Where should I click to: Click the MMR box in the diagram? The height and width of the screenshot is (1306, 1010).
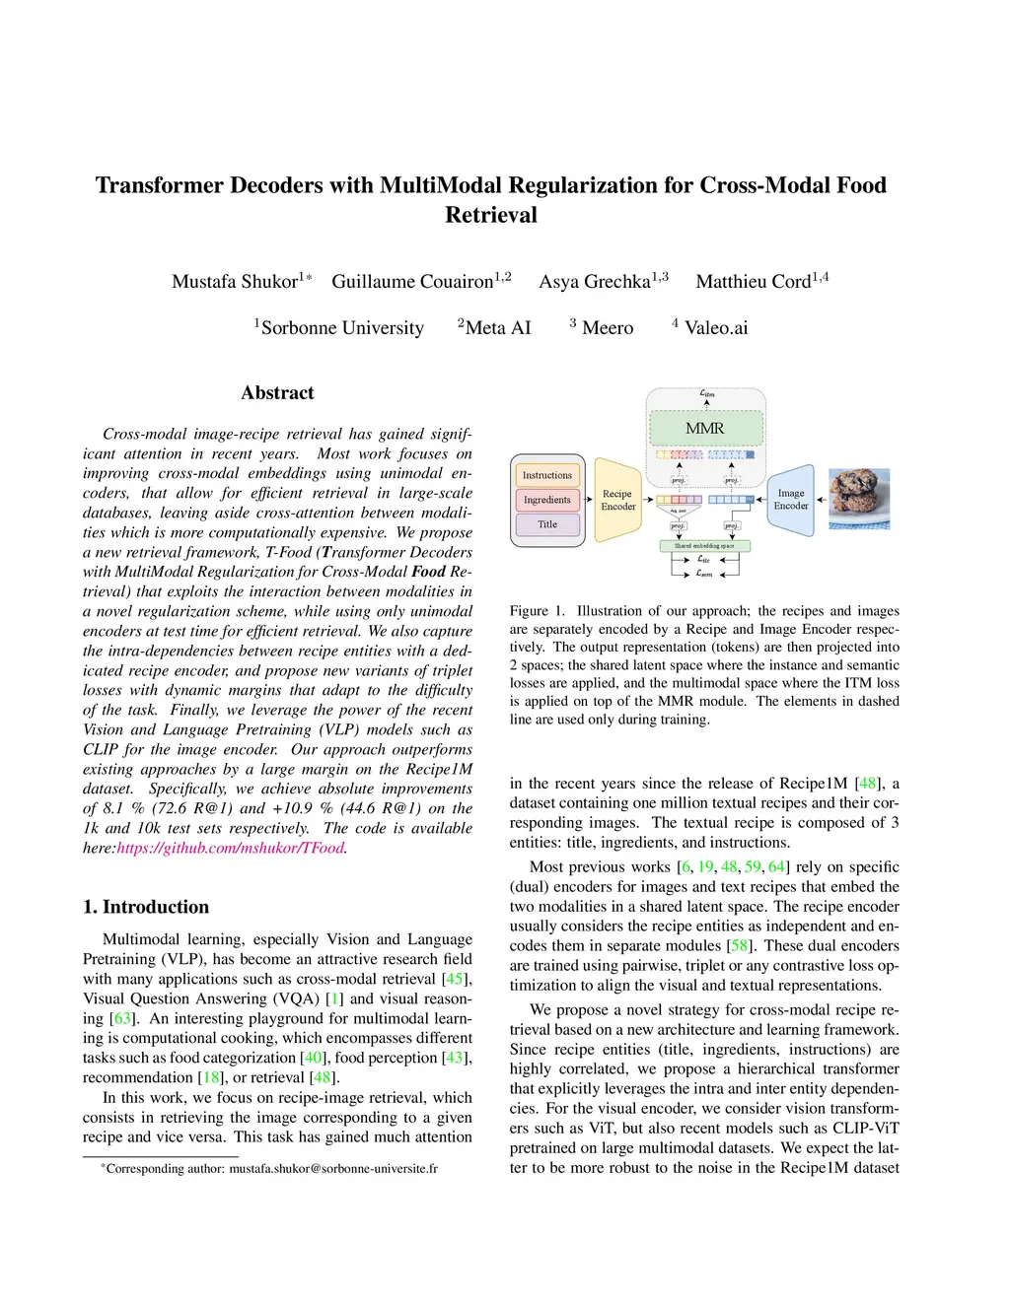point(704,429)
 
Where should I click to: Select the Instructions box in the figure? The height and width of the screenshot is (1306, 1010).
point(547,475)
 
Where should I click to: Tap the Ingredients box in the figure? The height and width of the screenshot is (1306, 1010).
point(547,500)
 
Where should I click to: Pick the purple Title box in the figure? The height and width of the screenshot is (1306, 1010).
point(547,524)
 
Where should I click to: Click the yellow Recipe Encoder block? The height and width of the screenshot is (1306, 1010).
point(618,500)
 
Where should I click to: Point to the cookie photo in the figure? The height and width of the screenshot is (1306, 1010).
point(859,499)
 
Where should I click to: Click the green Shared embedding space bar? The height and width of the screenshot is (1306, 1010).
point(704,545)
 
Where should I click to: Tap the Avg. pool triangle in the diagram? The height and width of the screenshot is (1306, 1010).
point(679,512)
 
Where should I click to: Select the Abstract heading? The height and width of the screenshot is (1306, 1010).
point(277,392)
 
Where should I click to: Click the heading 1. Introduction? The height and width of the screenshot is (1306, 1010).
point(146,907)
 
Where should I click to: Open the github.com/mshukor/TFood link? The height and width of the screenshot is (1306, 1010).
point(231,848)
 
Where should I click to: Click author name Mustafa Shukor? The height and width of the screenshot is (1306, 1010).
point(235,282)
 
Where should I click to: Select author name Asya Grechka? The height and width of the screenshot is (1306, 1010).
point(595,282)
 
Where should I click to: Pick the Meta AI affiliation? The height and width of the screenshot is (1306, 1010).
point(497,328)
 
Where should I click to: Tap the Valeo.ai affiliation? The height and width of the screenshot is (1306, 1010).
point(715,328)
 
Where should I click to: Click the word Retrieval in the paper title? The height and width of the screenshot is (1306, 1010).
point(491,215)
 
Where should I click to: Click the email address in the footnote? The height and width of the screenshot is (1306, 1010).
point(333,1168)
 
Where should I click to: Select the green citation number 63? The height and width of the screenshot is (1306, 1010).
point(121,1018)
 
